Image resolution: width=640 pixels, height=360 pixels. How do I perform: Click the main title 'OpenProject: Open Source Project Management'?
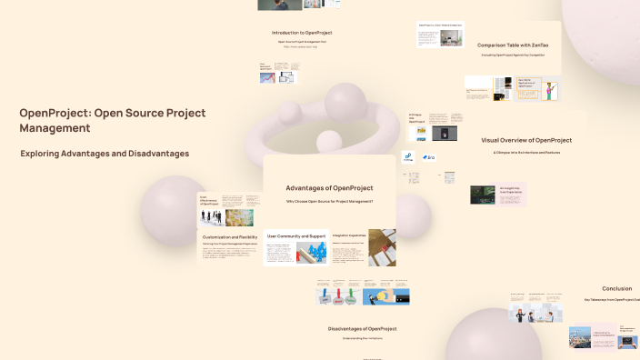point(113,120)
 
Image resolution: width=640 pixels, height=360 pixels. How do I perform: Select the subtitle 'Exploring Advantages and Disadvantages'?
point(105,154)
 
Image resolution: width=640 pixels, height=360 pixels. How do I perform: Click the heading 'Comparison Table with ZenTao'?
point(514,45)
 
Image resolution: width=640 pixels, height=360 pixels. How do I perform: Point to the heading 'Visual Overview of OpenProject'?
point(526,140)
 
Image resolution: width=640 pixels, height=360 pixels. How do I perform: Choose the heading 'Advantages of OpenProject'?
point(329,188)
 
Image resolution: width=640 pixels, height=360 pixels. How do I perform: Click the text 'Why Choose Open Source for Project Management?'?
point(329,201)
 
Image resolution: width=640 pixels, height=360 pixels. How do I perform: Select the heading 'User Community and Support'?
point(296,235)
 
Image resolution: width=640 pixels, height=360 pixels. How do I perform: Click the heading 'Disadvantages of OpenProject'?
point(362,327)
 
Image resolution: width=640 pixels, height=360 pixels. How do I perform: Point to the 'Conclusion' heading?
point(616,288)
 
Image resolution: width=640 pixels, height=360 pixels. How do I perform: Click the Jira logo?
point(428,158)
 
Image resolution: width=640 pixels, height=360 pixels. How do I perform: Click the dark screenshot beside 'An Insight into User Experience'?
point(482,194)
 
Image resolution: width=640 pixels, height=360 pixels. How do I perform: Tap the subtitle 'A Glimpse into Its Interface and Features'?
point(526,153)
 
